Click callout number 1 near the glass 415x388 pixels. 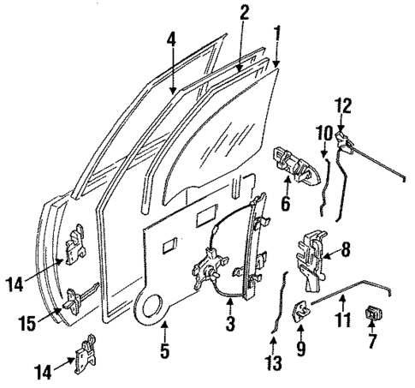[x=276, y=34]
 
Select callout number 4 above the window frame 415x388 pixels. [x=172, y=38]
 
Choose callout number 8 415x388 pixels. [x=346, y=252]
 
